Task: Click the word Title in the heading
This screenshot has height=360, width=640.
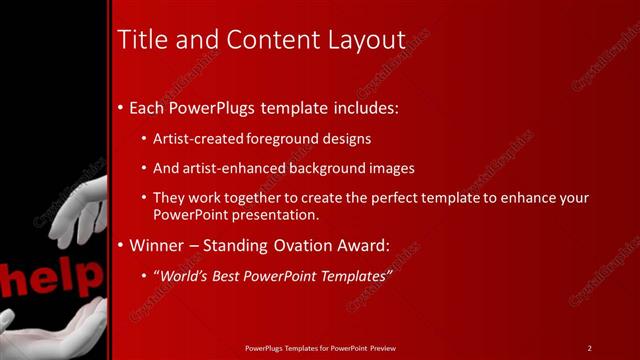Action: click(x=141, y=40)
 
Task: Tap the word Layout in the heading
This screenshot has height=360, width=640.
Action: click(x=366, y=40)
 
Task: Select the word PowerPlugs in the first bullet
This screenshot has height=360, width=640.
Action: click(x=213, y=106)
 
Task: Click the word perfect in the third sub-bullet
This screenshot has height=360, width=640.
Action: click(x=378, y=198)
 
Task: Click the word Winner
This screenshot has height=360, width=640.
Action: click(x=158, y=245)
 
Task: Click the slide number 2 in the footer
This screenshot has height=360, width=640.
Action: click(x=590, y=348)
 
